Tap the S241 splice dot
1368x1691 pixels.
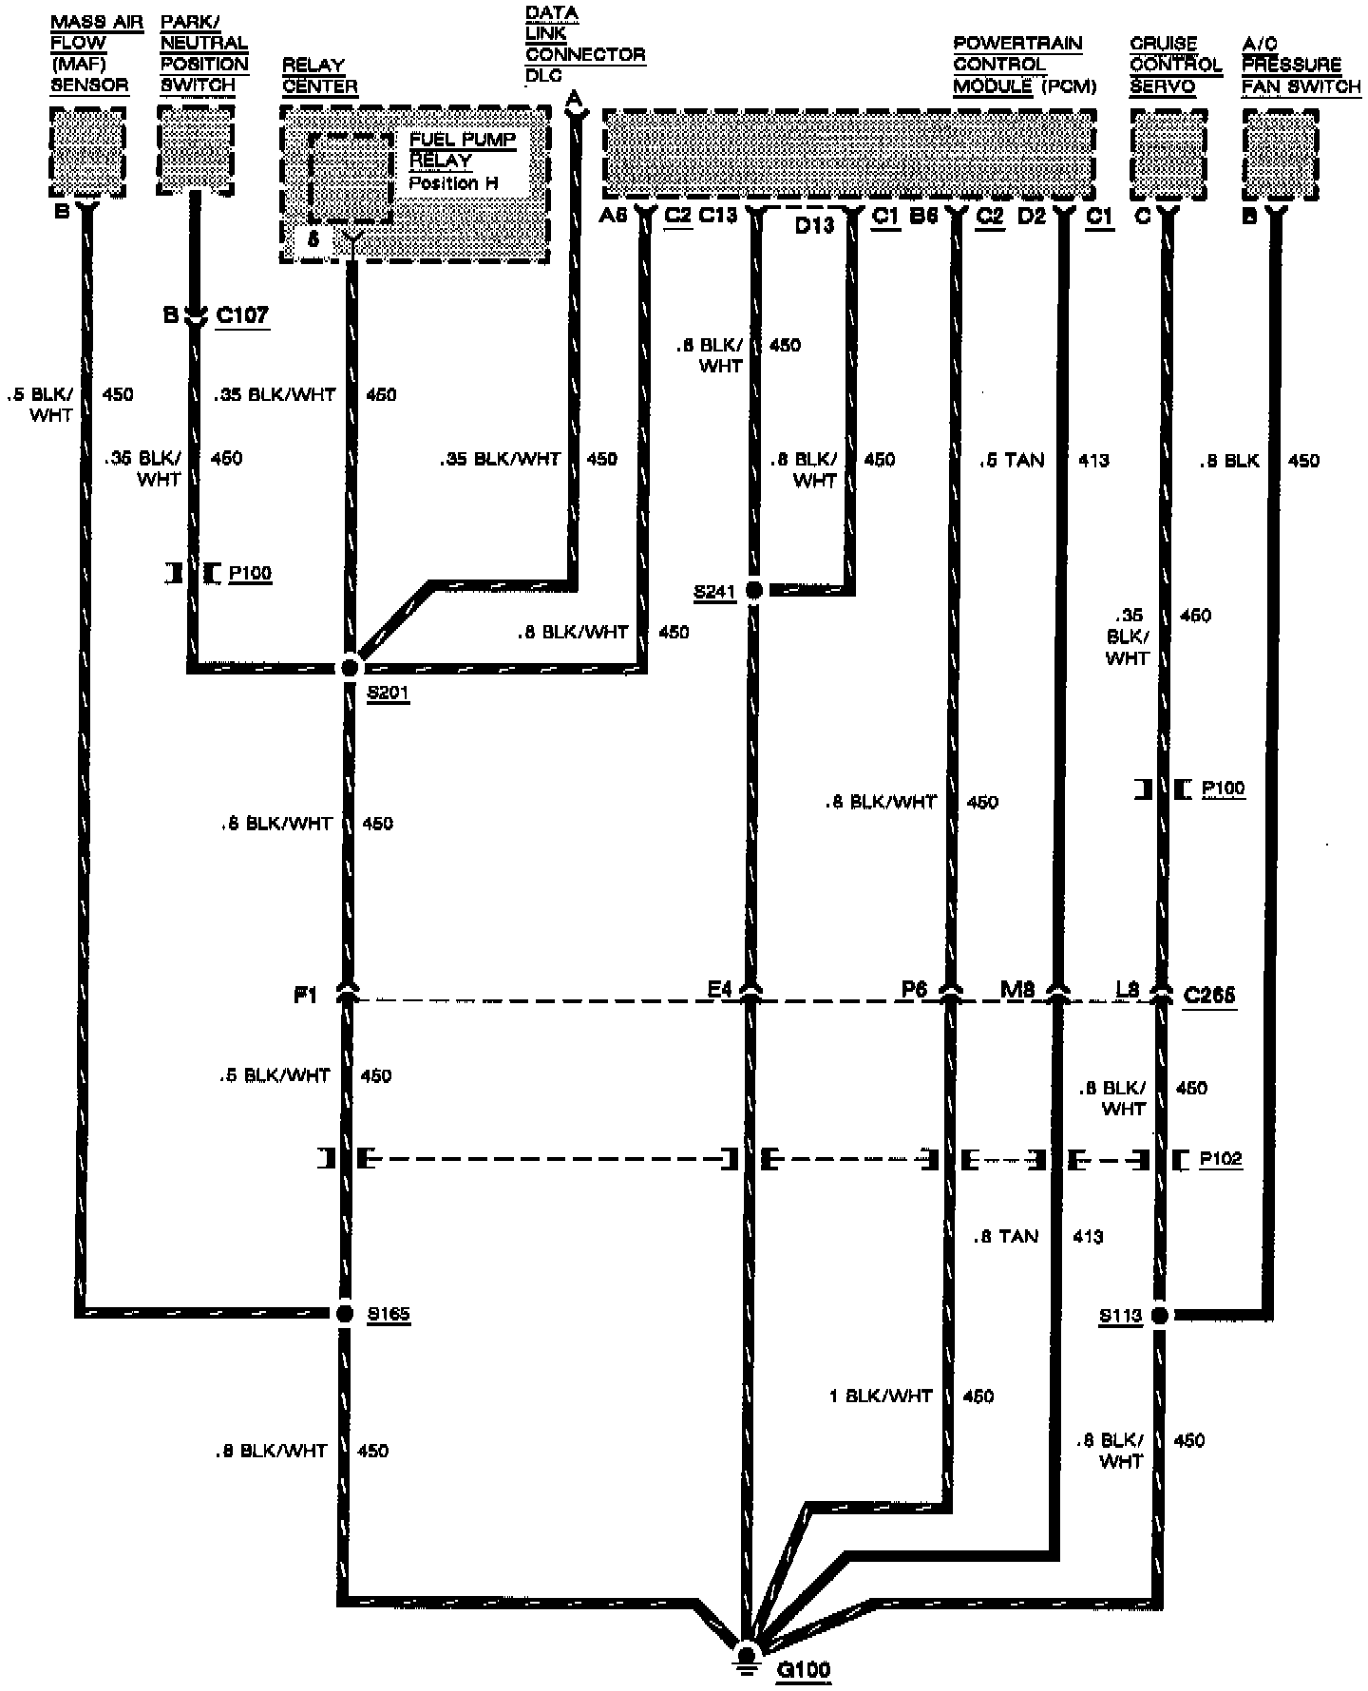point(754,591)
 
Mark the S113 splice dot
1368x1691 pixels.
point(1159,1315)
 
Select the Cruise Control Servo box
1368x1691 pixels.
point(1168,154)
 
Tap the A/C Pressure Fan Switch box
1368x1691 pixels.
point(1281,154)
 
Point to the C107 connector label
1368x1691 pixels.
point(242,314)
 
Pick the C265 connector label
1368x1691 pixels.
point(1209,995)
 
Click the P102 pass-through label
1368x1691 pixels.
point(1221,1159)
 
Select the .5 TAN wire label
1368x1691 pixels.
point(1011,461)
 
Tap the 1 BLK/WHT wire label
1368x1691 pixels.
point(881,1396)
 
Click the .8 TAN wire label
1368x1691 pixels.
point(1005,1236)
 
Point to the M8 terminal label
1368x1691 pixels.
point(1017,990)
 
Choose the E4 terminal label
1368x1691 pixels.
point(720,990)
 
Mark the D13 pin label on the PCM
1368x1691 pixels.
point(814,225)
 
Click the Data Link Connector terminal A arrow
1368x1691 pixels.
point(573,106)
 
